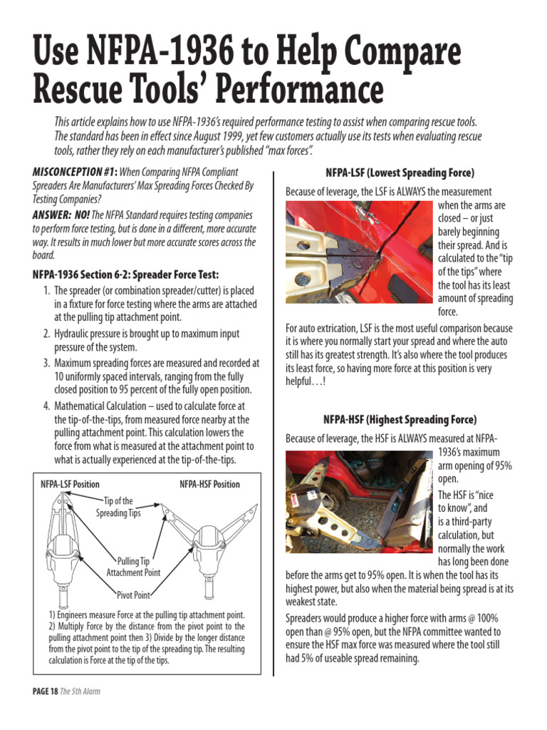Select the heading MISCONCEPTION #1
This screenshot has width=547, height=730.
click(x=74, y=172)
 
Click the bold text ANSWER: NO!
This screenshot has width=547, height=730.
click(x=60, y=215)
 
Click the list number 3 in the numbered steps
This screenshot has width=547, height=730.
click(x=46, y=362)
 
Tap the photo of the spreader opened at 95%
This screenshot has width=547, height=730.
click(x=358, y=501)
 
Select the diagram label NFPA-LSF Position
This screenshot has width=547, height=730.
click(x=70, y=484)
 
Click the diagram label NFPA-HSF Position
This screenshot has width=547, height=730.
click(x=209, y=484)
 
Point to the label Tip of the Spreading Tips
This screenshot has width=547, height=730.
click(x=118, y=507)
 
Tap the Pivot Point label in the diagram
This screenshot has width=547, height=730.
click(x=133, y=595)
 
